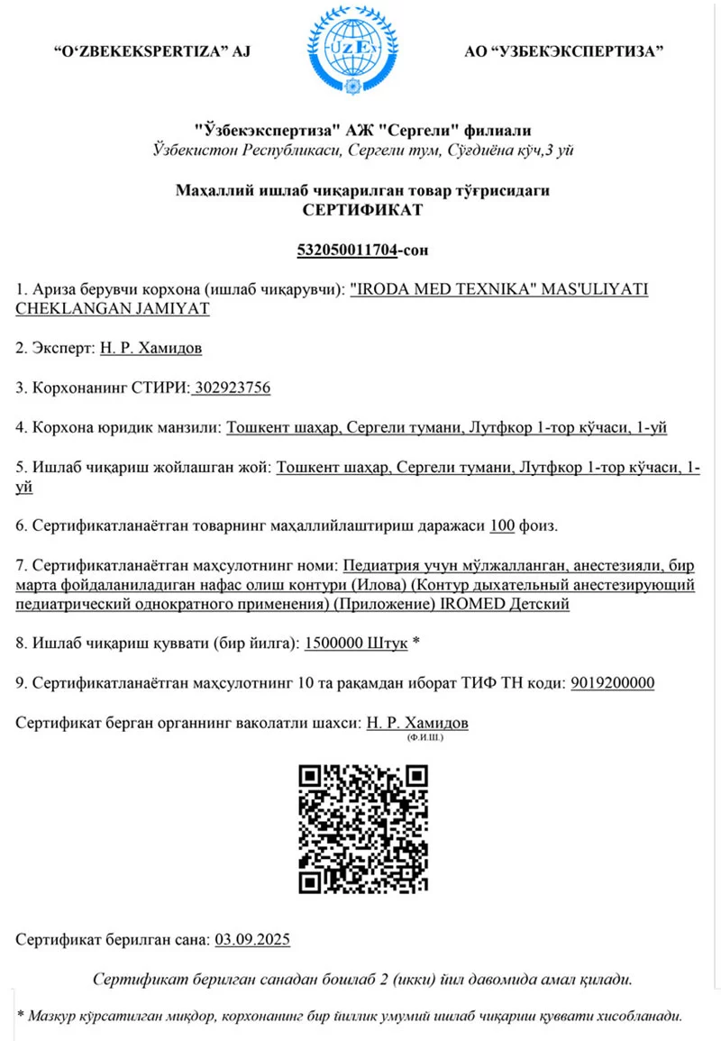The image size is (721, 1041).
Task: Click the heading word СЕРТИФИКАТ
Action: (x=360, y=210)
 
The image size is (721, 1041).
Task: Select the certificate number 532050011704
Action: (x=347, y=250)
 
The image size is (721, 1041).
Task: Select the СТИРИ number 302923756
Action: (x=233, y=388)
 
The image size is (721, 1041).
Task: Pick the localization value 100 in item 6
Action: (x=502, y=525)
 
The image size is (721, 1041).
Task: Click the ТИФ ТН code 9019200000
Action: (x=613, y=682)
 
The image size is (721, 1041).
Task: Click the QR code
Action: (x=363, y=829)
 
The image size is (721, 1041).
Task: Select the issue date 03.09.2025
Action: (x=252, y=939)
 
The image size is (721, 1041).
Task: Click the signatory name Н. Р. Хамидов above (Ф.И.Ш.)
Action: (x=417, y=723)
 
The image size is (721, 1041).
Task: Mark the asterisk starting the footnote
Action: (x=22, y=1016)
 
